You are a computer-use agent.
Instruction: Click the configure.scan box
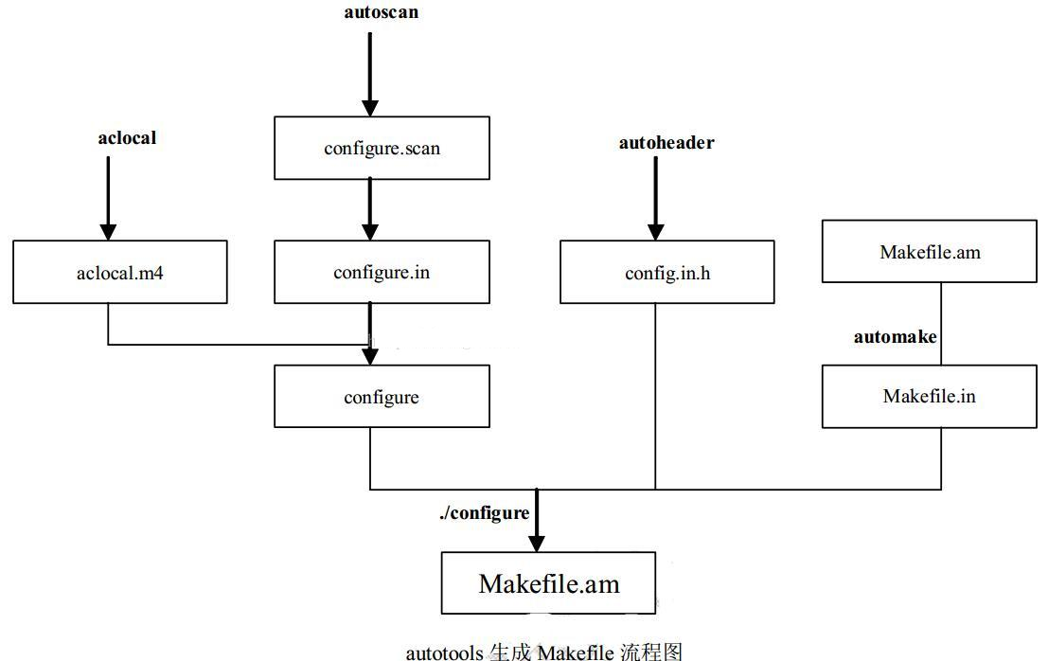tap(382, 148)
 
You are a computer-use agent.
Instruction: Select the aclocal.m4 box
tap(120, 272)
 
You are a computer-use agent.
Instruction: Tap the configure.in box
tap(382, 272)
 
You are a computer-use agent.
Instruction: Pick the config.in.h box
tap(666, 272)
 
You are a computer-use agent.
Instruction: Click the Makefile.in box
tap(929, 396)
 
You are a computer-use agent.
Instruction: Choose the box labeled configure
tap(382, 397)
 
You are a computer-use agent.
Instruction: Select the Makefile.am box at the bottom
tap(548, 583)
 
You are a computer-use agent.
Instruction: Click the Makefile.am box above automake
tap(929, 252)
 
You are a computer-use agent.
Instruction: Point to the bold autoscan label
tap(380, 13)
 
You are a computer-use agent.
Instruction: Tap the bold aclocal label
tap(127, 138)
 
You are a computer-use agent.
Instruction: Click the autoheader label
tap(666, 143)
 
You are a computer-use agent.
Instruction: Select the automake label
tap(895, 336)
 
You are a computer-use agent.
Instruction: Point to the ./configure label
tap(484, 512)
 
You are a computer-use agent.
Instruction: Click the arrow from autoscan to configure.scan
tap(370, 66)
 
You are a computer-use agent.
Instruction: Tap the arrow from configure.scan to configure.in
tap(370, 208)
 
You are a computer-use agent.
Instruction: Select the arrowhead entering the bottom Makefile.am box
tap(537, 542)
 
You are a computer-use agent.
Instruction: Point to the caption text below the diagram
tap(543, 652)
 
